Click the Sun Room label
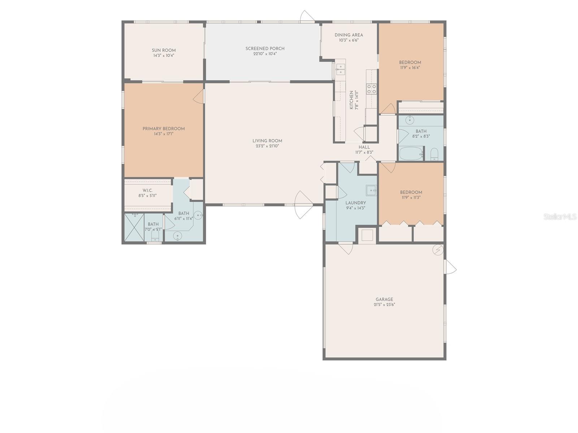(164, 51)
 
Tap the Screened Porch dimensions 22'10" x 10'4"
(265, 54)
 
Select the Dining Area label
(349, 35)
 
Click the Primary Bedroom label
(163, 129)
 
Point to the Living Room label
(267, 141)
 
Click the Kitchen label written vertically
(351, 100)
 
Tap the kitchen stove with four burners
(372, 89)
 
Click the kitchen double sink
(340, 69)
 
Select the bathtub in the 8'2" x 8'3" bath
(411, 154)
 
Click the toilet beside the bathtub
(435, 154)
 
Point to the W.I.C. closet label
(147, 191)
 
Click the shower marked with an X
(134, 227)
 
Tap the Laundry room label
(355, 203)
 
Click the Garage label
(384, 299)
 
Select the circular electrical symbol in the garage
(438, 250)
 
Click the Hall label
(364, 147)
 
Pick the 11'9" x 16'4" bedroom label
(410, 62)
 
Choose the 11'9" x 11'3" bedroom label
(411, 192)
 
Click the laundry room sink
(371, 190)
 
